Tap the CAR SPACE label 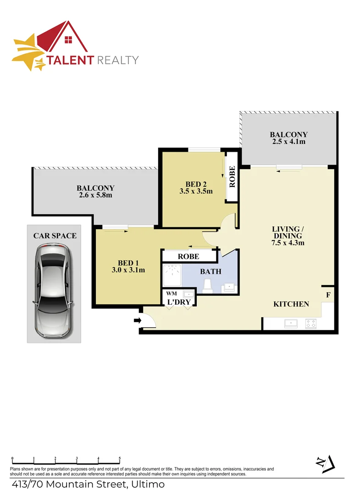click(55, 236)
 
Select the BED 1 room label click(128, 263)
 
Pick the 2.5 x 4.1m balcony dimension click(288, 142)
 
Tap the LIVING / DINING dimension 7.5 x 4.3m click(288, 242)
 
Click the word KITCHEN click(291, 304)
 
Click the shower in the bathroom click(172, 275)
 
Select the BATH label click(210, 271)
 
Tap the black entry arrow click(137, 320)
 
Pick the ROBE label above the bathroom click(188, 256)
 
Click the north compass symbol click(327, 464)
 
